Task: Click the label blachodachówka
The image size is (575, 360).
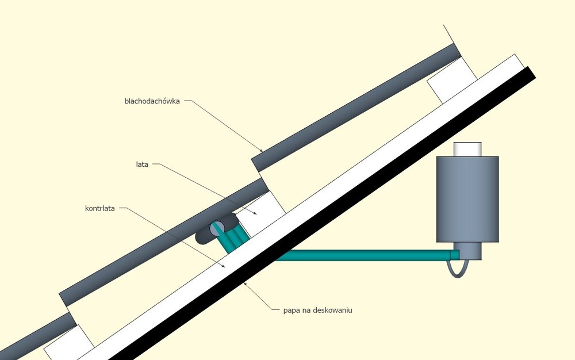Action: tap(152, 101)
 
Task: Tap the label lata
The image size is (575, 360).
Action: tap(139, 164)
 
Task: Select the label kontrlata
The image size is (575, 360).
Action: tap(100, 208)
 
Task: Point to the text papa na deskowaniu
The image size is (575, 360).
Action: tap(317, 310)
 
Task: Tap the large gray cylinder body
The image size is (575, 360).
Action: tap(467, 198)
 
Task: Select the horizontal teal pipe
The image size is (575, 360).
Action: tap(362, 255)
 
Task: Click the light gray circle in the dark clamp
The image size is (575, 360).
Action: tap(217, 228)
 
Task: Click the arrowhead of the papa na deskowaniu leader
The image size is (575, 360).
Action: tap(245, 283)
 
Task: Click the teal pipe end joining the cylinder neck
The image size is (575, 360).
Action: tap(454, 254)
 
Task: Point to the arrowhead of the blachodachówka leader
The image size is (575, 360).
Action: tap(262, 151)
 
